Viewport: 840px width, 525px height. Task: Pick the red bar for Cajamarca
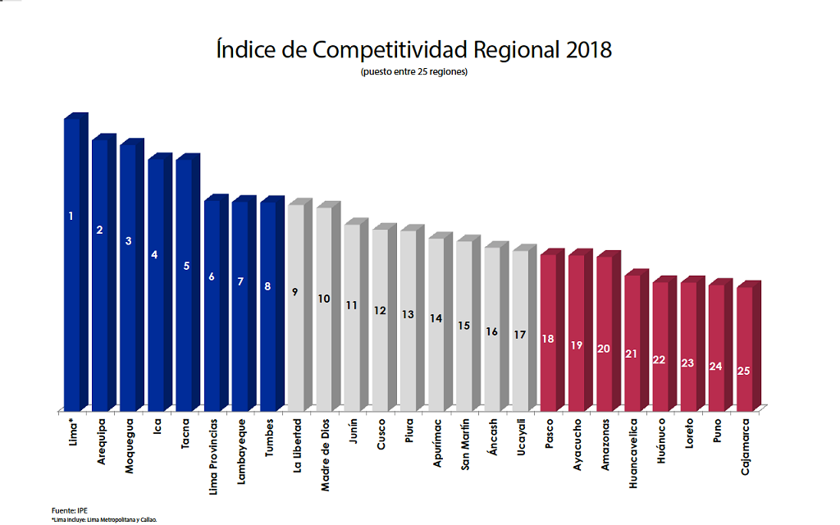pyautogui.click(x=744, y=349)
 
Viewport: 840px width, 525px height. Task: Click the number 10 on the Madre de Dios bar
pyautogui.click(x=324, y=299)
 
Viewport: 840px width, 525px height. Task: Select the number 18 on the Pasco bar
pyautogui.click(x=548, y=339)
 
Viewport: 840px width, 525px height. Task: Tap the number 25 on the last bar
pyautogui.click(x=744, y=371)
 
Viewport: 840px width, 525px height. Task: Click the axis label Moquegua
pyautogui.click(x=128, y=449)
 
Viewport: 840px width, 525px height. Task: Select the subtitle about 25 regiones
pyautogui.click(x=413, y=72)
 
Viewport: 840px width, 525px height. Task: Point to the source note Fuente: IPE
pyautogui.click(x=69, y=510)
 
